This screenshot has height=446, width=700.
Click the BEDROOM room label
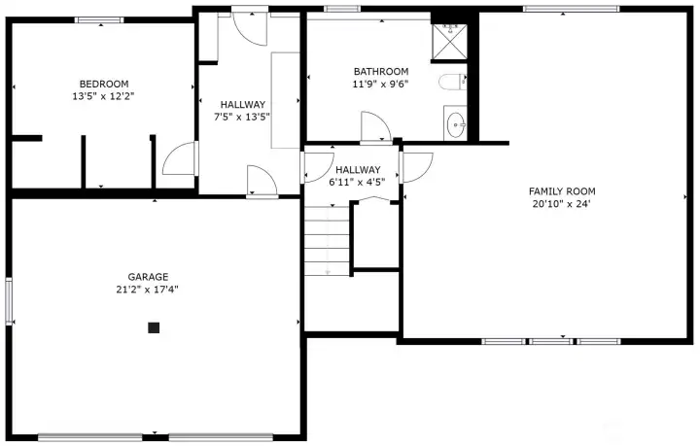point(103,84)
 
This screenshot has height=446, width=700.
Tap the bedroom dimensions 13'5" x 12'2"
point(103,96)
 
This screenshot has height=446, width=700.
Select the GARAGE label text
point(148,276)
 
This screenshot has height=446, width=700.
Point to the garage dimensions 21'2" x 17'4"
point(148,289)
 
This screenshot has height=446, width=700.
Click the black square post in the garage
point(154,328)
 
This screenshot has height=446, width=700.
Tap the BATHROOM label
point(380,71)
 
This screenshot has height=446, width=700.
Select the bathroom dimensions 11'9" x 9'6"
point(380,84)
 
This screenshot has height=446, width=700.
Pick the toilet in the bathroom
point(453,82)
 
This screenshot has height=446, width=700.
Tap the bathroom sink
point(455,123)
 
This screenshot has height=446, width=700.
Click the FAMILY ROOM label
point(562,191)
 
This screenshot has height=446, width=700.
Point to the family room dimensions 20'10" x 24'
point(562,204)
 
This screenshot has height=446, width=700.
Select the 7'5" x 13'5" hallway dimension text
point(243,117)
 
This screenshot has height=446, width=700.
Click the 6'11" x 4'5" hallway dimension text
point(357,181)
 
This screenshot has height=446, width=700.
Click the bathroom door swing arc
point(374,127)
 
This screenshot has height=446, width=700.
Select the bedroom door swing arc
point(179,158)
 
